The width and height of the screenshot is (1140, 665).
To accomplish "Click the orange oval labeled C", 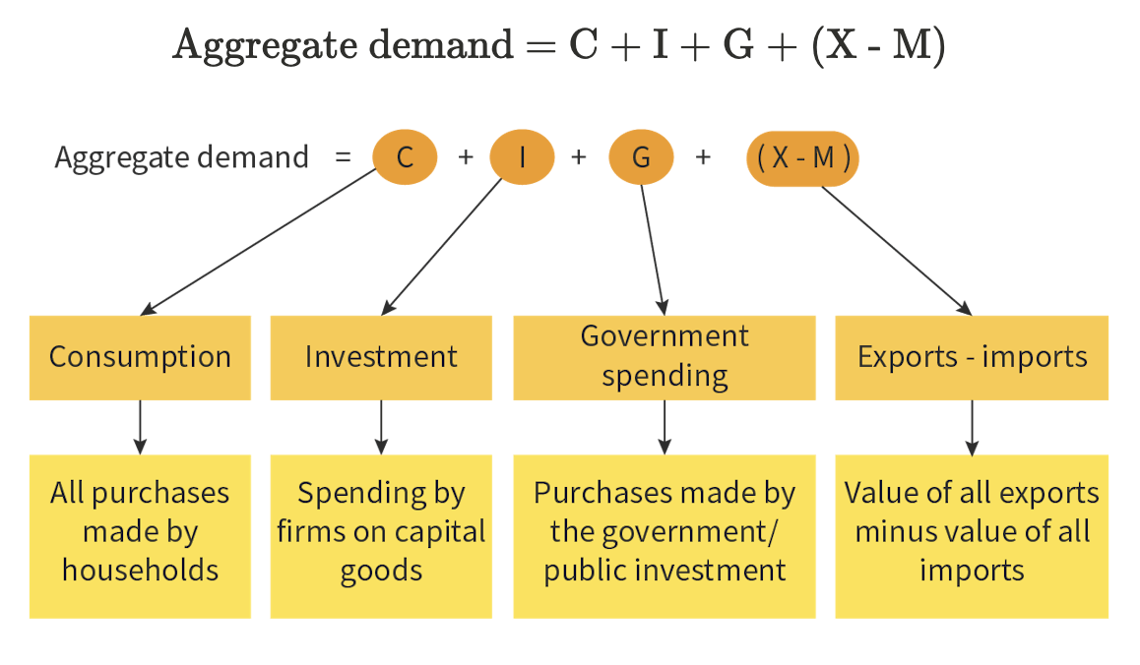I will [x=405, y=157].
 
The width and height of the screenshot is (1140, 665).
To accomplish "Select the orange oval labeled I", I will [x=523, y=157].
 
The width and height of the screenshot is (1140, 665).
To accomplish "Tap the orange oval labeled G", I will [x=641, y=157].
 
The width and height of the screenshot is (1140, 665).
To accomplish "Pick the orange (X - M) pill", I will [x=803, y=157].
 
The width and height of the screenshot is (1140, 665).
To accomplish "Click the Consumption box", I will [x=140, y=357].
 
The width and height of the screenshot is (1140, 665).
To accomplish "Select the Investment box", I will [x=381, y=357].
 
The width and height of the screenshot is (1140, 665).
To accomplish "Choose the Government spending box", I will [x=665, y=357].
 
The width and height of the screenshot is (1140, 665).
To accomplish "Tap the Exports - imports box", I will [x=972, y=357].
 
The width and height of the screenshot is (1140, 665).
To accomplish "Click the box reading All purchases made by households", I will [x=140, y=536].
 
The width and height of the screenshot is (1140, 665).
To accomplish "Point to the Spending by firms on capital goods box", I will [x=381, y=536].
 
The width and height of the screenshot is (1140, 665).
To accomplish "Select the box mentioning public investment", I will [x=665, y=536].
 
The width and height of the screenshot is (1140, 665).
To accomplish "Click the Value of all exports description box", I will [x=972, y=536].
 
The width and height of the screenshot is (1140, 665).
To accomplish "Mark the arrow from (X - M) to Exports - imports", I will [x=896, y=250].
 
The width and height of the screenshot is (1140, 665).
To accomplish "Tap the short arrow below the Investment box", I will [x=381, y=427].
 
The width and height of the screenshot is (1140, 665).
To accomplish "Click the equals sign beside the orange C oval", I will [x=343, y=157].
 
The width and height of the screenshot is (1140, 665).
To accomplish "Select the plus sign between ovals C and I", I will [x=465, y=157].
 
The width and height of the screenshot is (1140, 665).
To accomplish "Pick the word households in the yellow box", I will [x=140, y=570].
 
